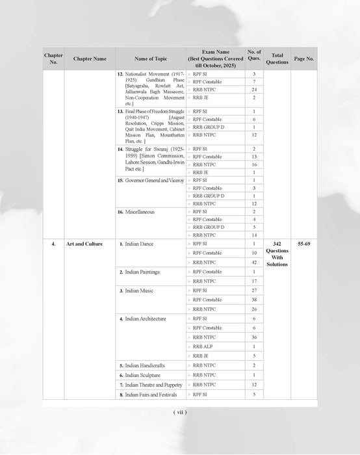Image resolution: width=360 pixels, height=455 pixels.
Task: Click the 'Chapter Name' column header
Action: [x=90, y=58]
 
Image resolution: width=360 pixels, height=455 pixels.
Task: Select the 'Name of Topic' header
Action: [x=150, y=58]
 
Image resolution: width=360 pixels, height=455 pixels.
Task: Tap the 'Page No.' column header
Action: [x=304, y=58]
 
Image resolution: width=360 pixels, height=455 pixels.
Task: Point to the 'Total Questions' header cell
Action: [x=277, y=58]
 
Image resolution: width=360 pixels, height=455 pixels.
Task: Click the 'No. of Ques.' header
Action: [x=254, y=55]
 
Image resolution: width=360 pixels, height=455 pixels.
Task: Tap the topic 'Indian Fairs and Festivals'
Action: [x=153, y=395]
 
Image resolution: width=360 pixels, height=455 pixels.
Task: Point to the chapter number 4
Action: [x=53, y=243]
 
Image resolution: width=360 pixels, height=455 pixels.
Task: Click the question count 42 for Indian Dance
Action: [x=254, y=262]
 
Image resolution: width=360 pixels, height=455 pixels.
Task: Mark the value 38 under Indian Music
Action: [x=254, y=300]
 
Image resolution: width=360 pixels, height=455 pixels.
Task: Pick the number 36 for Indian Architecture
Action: [x=254, y=337]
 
